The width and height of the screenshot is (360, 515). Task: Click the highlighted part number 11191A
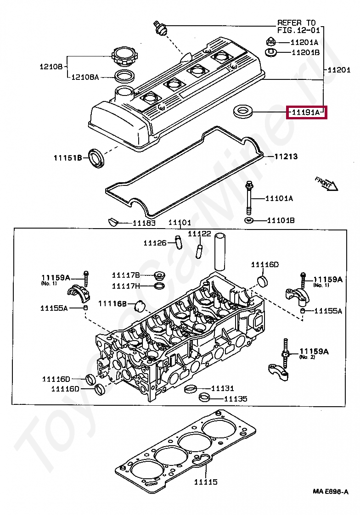coord(306,112)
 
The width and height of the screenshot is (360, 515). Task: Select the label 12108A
coord(84,77)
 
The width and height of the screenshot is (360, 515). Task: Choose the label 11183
coord(144,223)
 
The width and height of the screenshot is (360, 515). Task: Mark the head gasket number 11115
coord(205,482)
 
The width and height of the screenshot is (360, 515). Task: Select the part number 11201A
coord(304,42)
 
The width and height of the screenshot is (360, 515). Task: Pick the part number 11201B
coord(305,52)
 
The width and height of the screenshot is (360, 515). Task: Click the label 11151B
coord(67,158)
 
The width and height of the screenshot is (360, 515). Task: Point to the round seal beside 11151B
coord(96,158)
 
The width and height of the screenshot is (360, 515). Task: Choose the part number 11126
coord(155,243)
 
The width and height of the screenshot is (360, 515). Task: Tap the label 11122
coord(199,234)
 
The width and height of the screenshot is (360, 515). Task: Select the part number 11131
coord(223,388)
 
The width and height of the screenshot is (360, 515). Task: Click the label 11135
coord(236,399)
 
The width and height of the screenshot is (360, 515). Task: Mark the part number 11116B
coord(112,303)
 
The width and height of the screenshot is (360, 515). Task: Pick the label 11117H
coord(125,286)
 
